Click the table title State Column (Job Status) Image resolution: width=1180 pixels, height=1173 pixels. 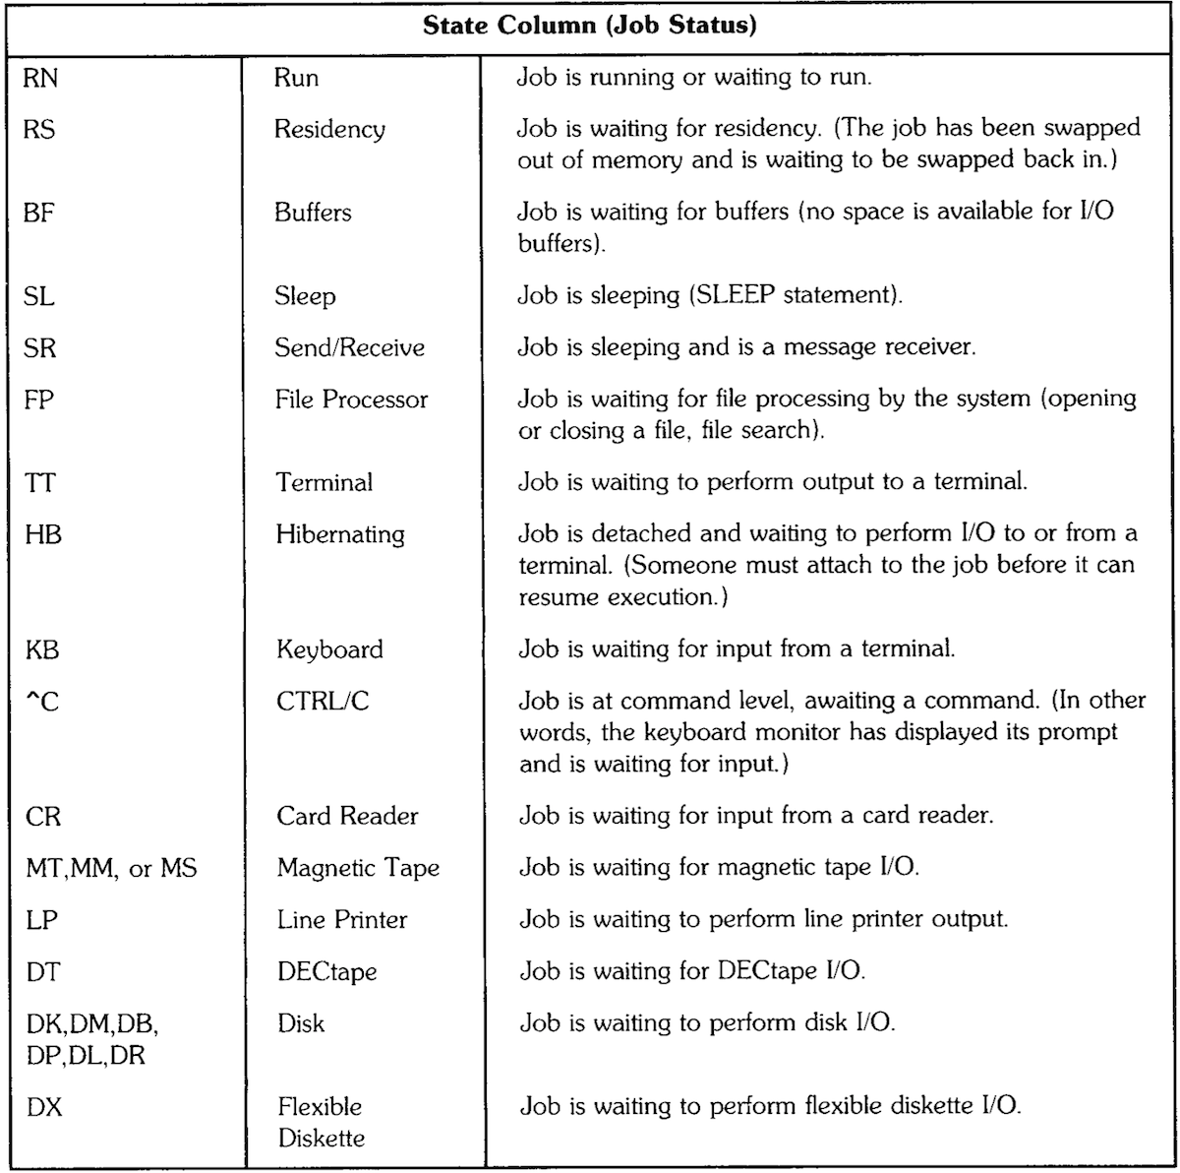(590, 26)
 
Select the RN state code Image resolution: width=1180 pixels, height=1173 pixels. (40, 78)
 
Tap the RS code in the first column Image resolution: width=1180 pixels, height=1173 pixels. (39, 129)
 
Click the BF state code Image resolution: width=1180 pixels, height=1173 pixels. (38, 212)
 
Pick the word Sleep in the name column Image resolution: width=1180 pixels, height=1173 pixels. (305, 296)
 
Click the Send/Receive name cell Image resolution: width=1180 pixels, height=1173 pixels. (349, 347)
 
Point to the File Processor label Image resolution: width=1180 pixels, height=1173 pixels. (351, 400)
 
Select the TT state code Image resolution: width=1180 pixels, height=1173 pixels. (39, 482)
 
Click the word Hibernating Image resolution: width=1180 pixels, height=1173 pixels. (339, 534)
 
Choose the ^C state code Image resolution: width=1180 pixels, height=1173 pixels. (40, 702)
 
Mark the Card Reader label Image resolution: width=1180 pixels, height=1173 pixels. (347, 817)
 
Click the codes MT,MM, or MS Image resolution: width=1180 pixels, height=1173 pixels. (110, 869)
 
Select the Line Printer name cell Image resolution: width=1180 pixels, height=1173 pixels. (341, 920)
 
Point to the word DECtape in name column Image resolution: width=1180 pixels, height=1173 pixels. (326, 972)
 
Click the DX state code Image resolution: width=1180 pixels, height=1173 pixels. (42, 1107)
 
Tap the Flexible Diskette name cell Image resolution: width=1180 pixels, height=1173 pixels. (321, 1122)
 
